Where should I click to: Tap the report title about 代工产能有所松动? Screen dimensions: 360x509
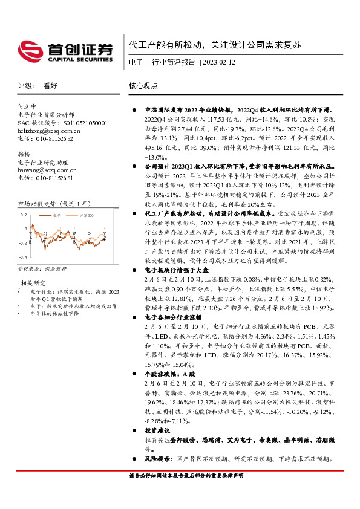click(215, 45)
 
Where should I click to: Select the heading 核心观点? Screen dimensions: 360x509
click(143, 86)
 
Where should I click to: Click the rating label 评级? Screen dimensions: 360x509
click(25, 86)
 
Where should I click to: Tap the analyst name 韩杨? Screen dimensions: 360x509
click(24, 154)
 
